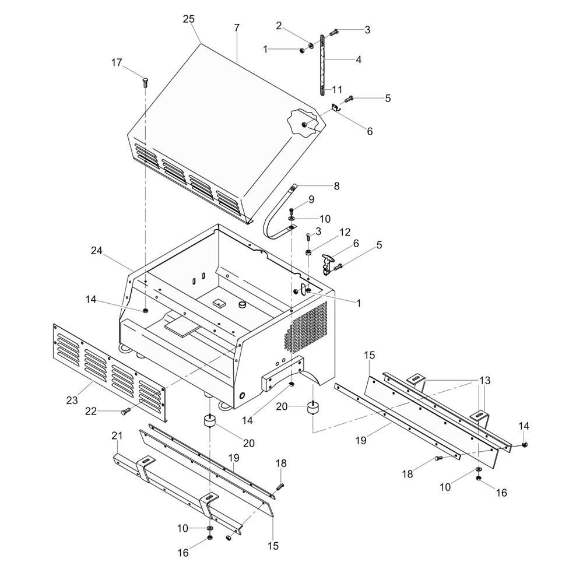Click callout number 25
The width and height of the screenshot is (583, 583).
point(188,19)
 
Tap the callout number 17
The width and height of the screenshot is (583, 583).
point(117,62)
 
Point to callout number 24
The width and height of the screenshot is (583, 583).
point(97,251)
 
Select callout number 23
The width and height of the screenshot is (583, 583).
point(72,400)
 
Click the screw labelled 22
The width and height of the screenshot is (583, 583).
point(126,411)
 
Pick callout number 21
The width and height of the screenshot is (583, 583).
point(117,436)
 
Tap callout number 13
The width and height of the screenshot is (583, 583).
point(485,380)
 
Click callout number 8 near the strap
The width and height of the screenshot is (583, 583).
point(336,186)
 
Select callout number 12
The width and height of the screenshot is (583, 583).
point(345,233)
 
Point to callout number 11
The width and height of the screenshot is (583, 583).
point(337,90)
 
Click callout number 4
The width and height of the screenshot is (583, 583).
point(359,59)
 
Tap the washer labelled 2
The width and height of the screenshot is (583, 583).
point(311,45)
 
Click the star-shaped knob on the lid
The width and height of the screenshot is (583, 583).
point(303,124)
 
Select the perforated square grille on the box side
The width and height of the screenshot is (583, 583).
point(306,327)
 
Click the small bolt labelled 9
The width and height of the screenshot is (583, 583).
point(291,211)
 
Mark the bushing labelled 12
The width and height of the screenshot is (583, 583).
point(308,253)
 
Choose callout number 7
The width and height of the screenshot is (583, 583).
point(237,28)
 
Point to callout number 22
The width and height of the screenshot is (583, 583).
point(91,411)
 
